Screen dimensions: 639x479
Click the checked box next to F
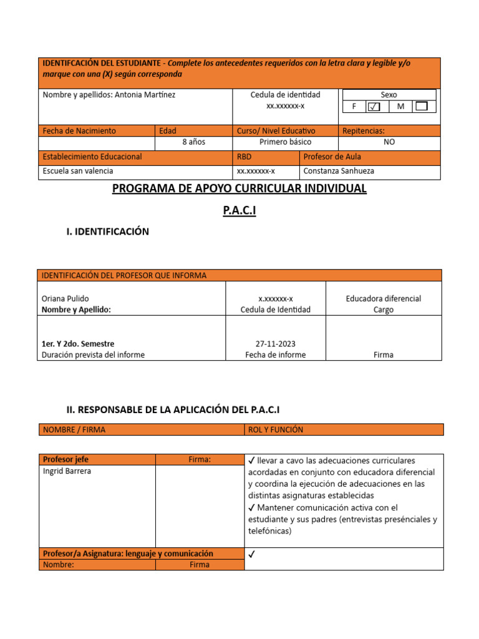(374, 107)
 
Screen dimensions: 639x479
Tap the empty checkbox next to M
(422, 107)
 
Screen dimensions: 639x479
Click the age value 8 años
(193, 142)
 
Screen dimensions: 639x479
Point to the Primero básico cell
(285, 142)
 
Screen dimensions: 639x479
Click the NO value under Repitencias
(389, 142)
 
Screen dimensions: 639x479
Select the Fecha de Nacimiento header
(79, 131)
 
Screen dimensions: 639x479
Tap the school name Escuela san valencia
(78, 171)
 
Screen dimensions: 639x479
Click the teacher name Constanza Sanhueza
(339, 171)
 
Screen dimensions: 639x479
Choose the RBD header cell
(244, 157)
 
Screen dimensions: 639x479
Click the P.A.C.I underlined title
(239, 211)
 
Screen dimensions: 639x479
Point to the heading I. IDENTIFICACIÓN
(108, 232)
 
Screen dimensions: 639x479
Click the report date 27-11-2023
(275, 344)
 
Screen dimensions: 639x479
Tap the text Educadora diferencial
(384, 298)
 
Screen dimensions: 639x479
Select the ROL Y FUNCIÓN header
(275, 430)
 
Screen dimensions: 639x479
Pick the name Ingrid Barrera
(67, 471)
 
